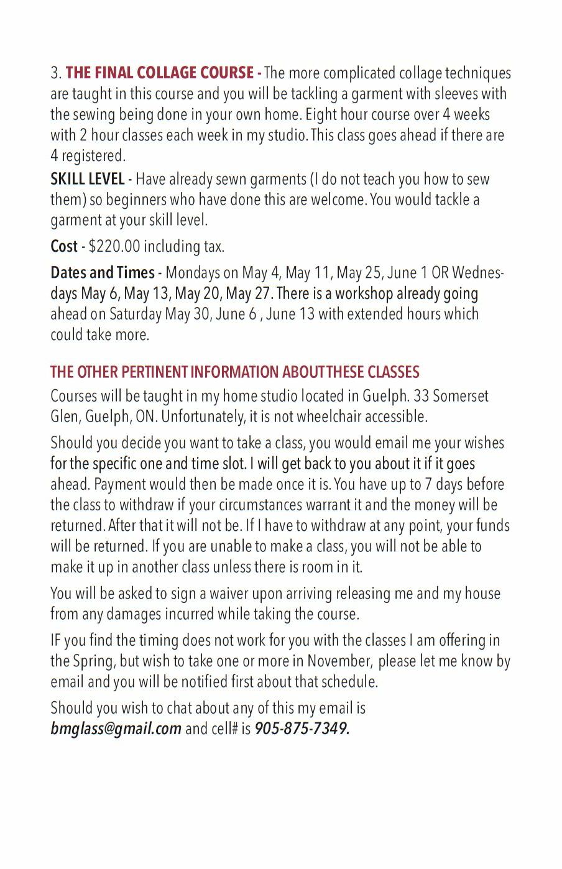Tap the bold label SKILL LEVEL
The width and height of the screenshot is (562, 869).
[x=87, y=180]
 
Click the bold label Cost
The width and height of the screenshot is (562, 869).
[x=63, y=247]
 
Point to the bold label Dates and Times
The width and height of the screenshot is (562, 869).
[x=103, y=273]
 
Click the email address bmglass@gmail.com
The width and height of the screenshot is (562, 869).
[x=116, y=729]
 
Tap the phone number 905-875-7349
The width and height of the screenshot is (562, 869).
[x=302, y=729]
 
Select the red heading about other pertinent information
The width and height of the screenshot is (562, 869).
[x=234, y=372]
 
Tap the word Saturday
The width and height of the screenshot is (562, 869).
[x=135, y=314]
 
